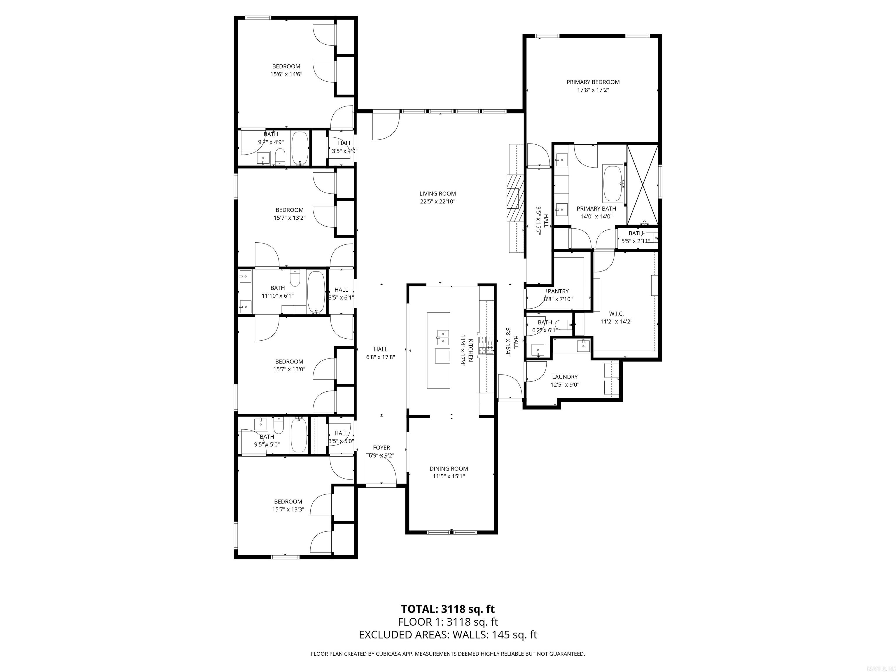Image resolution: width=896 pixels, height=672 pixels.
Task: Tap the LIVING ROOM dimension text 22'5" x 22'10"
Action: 437,201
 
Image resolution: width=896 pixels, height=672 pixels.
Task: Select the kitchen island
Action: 439,350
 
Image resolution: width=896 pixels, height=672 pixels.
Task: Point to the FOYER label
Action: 381,448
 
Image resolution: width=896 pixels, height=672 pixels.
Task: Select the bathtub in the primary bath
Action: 613,183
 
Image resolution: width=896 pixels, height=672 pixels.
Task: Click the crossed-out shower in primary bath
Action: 643,184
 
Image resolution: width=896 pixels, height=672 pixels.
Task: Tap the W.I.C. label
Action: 616,314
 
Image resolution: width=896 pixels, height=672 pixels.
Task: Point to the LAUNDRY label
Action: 565,377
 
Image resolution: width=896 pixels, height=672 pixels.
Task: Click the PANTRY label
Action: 558,291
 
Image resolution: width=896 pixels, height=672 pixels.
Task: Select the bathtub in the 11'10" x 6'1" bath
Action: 316,292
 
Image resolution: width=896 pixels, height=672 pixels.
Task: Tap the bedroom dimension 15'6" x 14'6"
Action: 286,74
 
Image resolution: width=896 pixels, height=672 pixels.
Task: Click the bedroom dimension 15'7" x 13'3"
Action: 288,509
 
